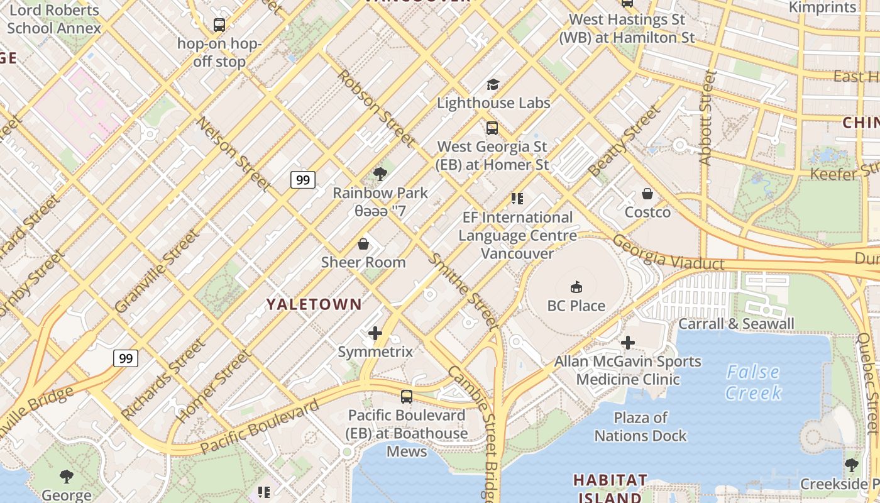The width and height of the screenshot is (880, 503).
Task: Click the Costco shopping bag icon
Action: [647, 194]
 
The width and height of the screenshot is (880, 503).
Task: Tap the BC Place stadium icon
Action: [576, 287]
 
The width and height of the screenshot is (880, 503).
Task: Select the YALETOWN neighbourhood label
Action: [314, 304]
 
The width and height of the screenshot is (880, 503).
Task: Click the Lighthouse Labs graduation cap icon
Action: [493, 84]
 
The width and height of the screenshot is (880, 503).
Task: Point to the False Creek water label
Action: [753, 382]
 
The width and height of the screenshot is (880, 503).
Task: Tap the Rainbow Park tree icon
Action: [380, 174]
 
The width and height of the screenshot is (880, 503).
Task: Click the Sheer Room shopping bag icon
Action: [363, 244]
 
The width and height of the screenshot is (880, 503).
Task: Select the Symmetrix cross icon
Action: [375, 333]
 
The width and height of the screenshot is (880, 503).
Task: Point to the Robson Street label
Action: [375, 107]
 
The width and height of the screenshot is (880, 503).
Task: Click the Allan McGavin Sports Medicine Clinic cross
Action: [627, 343]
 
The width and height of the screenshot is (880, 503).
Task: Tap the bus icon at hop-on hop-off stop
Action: [219, 25]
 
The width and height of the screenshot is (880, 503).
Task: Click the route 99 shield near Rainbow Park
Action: [303, 180]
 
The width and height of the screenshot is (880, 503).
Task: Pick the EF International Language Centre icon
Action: [517, 199]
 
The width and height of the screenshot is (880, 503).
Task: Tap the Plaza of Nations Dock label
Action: [641, 426]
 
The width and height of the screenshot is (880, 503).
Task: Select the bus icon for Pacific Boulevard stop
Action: [407, 397]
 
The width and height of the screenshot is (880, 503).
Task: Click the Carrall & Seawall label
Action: [736, 324]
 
